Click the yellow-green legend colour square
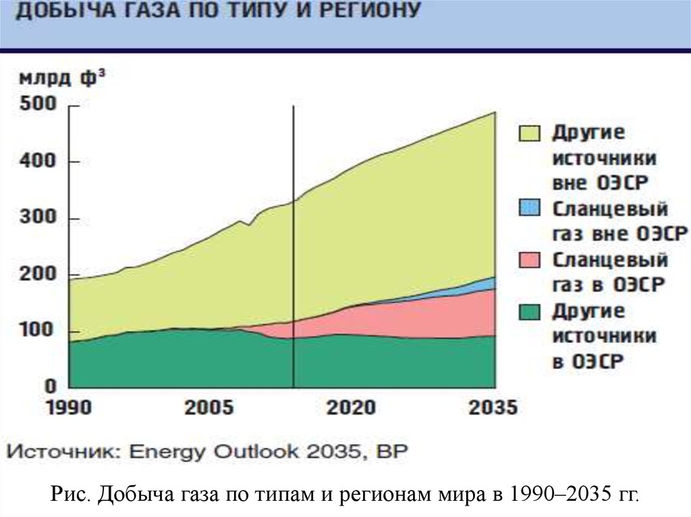(530, 133)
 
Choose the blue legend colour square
(530, 208)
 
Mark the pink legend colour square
(530, 260)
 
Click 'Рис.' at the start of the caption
(70, 495)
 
